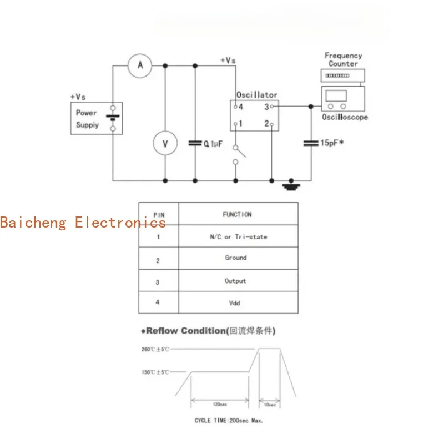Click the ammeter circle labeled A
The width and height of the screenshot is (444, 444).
click(140, 66)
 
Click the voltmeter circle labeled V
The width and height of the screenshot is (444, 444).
click(165, 144)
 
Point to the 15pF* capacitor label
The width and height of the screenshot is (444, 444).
click(332, 143)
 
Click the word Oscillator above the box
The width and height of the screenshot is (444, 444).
click(256, 95)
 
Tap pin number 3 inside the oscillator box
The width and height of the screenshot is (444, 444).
click(266, 106)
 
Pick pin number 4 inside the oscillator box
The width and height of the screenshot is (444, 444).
click(241, 106)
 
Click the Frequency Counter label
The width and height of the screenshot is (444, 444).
click(343, 59)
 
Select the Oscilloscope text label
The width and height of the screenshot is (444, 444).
click(345, 118)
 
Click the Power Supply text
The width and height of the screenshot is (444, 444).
click(87, 119)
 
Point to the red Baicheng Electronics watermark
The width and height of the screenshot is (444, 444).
click(83, 223)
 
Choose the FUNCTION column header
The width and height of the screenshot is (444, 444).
click(237, 214)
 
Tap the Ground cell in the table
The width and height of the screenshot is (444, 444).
click(236, 258)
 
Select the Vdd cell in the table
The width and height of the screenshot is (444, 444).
click(235, 304)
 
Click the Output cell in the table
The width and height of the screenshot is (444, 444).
click(235, 281)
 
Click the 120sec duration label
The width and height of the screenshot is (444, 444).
click(219, 405)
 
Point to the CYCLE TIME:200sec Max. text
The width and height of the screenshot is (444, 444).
click(229, 421)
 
